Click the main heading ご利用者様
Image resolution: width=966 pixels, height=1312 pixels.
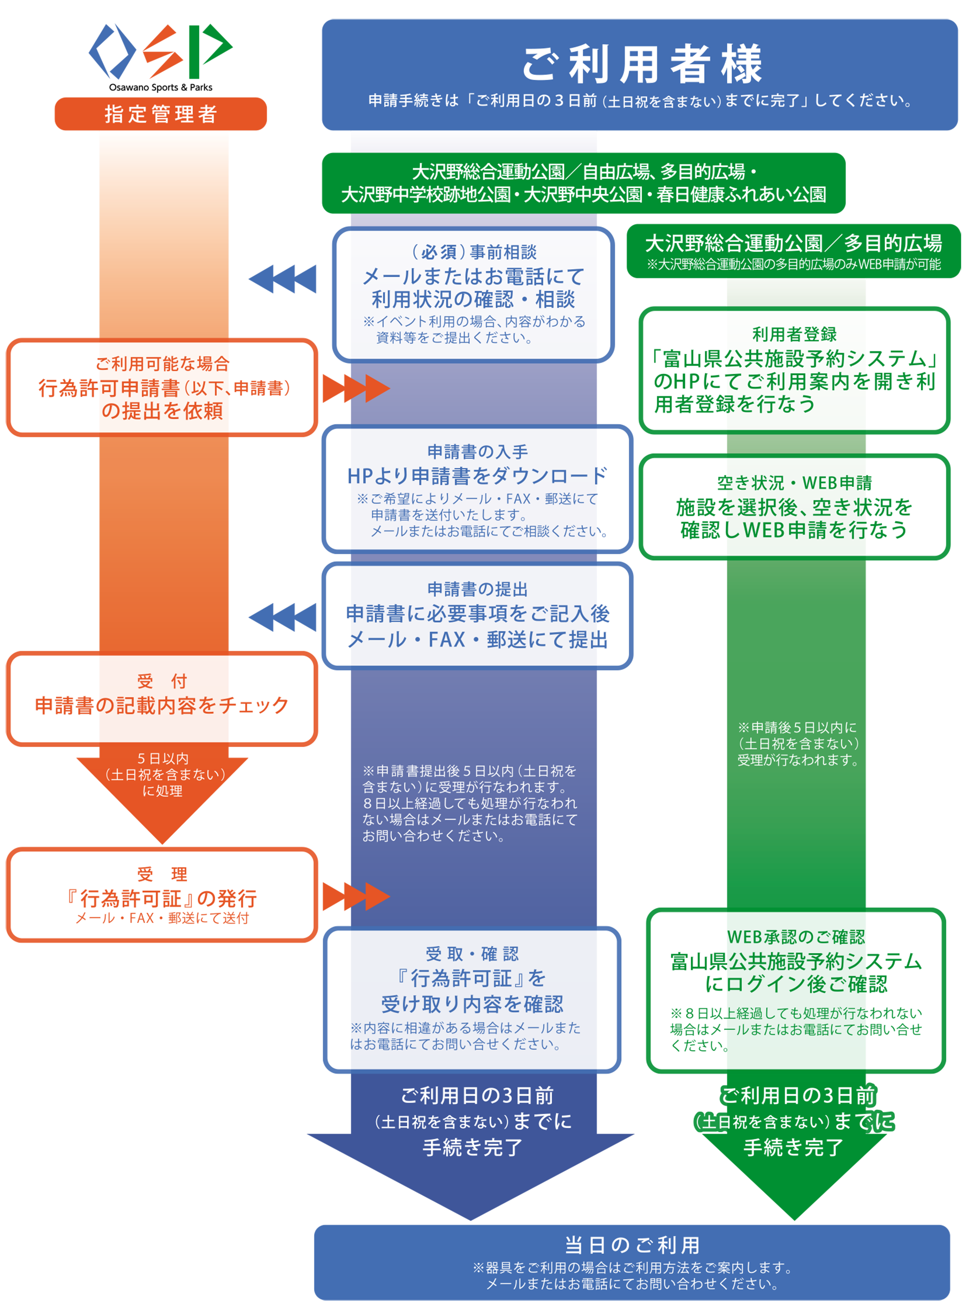pos(642,64)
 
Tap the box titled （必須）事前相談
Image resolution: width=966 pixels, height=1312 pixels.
pos(473,294)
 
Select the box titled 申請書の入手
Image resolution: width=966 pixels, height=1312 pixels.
pos(477,489)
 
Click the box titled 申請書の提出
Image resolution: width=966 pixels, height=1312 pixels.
pos(477,615)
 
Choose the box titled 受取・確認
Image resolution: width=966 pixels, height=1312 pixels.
pos(472,999)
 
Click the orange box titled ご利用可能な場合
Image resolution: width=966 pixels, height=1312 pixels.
pos(162,387)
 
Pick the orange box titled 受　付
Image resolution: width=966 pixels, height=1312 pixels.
pos(162,698)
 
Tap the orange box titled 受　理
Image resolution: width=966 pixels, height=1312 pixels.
pos(162,894)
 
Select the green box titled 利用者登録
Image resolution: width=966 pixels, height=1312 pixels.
pos(794,370)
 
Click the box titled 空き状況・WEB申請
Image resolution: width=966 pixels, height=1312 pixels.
pos(794,507)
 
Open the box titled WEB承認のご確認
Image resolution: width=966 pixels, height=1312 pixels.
pos(795,990)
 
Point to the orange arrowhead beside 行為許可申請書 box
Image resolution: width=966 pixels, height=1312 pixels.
pos(377,388)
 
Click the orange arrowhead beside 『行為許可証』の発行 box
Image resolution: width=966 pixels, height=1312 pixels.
pos(377,896)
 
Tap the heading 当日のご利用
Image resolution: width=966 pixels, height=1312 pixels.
pos(632,1245)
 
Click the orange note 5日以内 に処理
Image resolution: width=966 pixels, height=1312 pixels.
pos(163,774)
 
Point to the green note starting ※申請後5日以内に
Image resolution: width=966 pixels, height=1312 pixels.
pos(797,743)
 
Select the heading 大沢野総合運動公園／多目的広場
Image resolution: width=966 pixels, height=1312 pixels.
pos(793,243)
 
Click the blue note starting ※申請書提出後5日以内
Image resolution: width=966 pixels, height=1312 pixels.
pos(469,803)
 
